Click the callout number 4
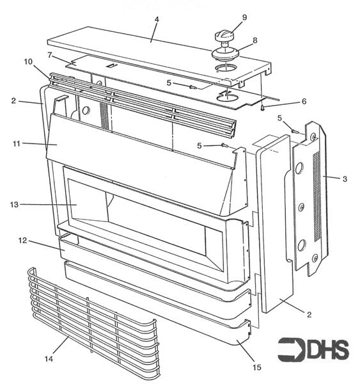(x=157, y=19)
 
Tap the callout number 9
(x=244, y=17)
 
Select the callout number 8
(x=255, y=40)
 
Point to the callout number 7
(x=50, y=55)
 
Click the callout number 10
(x=28, y=61)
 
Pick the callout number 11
(x=17, y=143)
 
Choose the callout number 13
(x=15, y=205)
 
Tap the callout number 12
(x=22, y=241)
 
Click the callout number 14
(x=49, y=359)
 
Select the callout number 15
(x=257, y=367)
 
